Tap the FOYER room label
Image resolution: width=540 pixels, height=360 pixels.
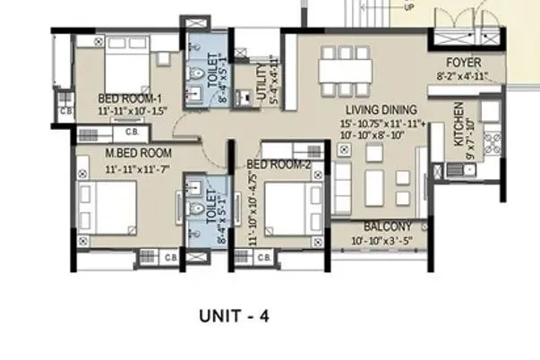(x=464, y=63)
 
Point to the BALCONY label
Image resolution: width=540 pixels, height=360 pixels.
(x=387, y=227)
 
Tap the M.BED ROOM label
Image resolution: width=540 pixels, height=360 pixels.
(x=138, y=153)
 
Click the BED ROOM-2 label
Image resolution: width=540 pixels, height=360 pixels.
(x=278, y=165)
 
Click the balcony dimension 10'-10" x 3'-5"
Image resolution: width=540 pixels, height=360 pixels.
(x=387, y=241)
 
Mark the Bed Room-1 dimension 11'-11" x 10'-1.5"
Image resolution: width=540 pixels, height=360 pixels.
(x=133, y=111)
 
